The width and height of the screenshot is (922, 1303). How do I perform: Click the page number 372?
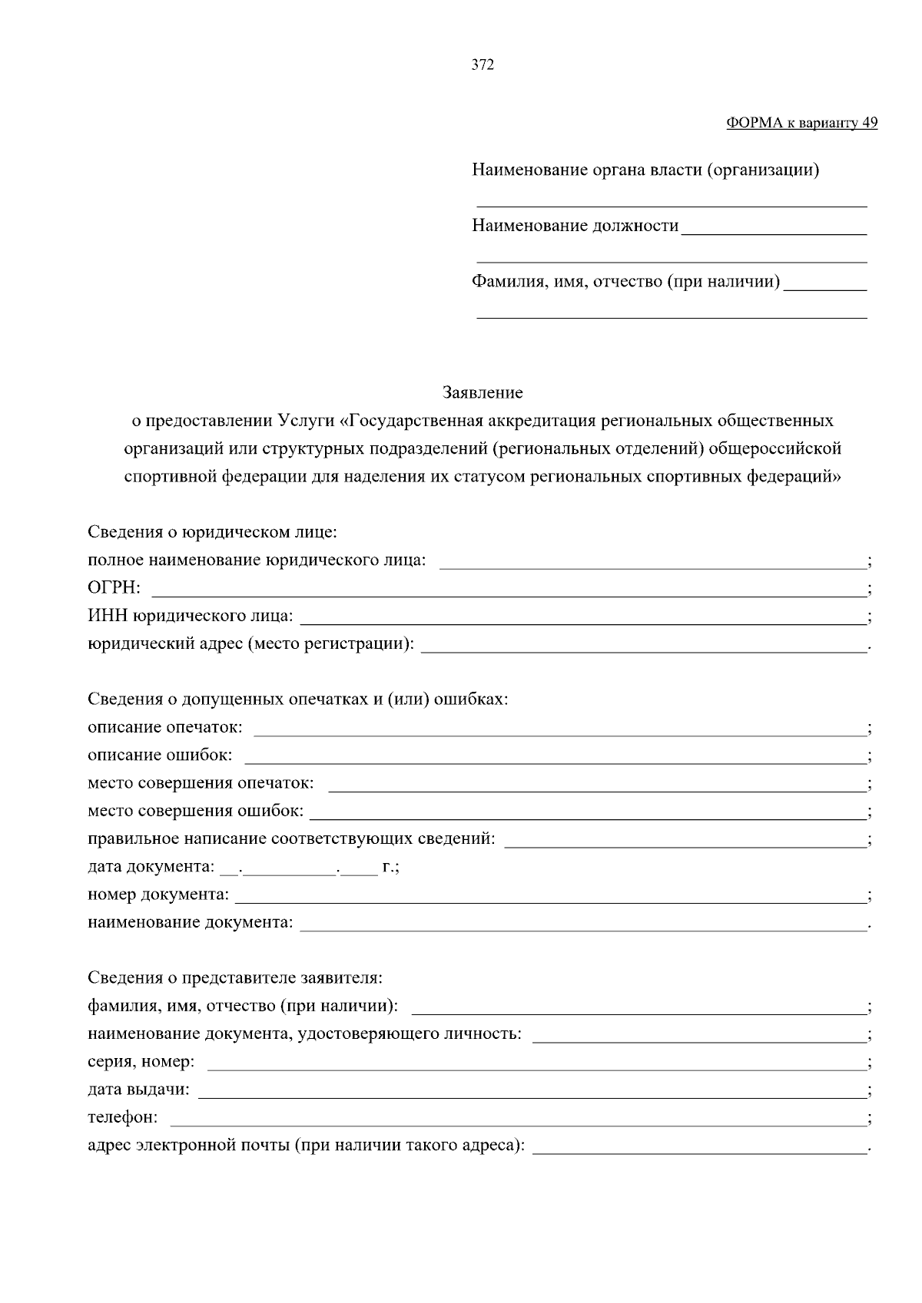(482, 65)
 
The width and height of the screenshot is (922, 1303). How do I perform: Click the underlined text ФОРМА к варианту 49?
(801, 123)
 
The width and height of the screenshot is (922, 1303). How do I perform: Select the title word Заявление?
(483, 393)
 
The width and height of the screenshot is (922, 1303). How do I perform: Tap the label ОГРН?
(114, 588)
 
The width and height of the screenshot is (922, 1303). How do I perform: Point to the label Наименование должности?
(575, 226)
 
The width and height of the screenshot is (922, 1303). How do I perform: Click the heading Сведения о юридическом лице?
(212, 532)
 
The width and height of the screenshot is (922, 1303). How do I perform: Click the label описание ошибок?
(160, 755)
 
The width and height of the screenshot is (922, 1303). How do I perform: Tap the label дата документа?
(151, 867)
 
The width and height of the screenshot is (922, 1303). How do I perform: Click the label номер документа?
(158, 895)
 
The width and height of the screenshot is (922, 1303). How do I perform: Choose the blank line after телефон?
(516, 1119)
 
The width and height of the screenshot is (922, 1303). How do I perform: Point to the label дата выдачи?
(138, 1090)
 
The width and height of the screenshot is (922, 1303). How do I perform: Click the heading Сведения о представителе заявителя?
(234, 979)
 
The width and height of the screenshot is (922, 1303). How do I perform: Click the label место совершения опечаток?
(201, 783)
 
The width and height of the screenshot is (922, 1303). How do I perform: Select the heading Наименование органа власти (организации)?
(645, 170)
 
